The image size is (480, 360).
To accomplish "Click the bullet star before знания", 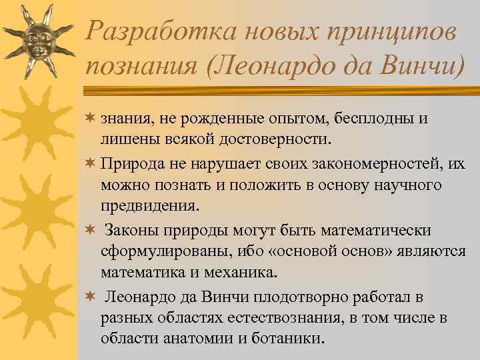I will click(91, 118).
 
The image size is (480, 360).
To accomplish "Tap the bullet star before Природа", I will click(91, 164).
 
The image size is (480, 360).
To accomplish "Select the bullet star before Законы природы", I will click(91, 229).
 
